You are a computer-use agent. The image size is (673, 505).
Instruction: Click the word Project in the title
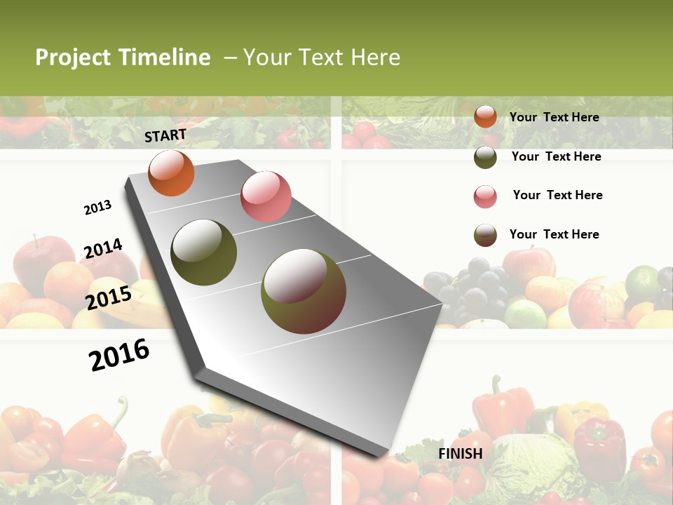pos(73,58)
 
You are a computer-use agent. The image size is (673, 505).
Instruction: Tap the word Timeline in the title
pos(165,58)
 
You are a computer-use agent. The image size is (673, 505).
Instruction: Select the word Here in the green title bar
pos(375,58)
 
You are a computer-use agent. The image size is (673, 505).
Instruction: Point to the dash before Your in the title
pos(230,58)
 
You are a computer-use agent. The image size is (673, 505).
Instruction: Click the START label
pos(165,135)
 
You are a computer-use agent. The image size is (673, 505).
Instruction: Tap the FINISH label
pos(461,454)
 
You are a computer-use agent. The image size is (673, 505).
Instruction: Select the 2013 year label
pos(97,208)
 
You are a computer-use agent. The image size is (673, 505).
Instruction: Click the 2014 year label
pos(103,249)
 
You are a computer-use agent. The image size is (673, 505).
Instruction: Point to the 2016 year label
pos(119,355)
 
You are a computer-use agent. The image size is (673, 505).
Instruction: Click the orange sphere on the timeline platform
pos(171,173)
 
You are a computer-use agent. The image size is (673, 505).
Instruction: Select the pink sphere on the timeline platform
pos(266,196)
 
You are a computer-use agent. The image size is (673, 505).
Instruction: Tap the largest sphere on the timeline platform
pos(303,291)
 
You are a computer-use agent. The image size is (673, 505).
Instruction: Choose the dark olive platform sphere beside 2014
pos(203,252)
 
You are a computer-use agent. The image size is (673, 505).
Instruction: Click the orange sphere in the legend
pos(485,117)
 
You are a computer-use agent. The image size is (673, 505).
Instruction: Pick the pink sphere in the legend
pos(485,196)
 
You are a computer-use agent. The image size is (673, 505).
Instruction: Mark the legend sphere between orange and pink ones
pos(485,157)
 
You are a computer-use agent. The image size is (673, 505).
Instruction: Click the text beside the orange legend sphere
pos(554,117)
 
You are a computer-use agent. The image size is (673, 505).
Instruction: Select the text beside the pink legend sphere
pos(557,195)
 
